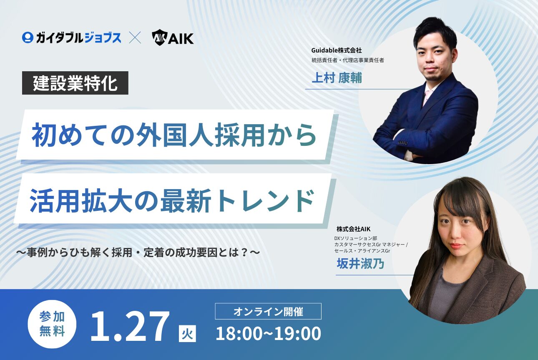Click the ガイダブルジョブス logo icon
28,38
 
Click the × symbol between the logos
135,38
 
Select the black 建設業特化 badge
75,83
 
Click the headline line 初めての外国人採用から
175,135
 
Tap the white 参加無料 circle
52,324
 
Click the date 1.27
130,326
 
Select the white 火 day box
187,333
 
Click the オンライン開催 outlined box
268,311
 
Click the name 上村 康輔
337,78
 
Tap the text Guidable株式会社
337,50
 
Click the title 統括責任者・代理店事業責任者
347,60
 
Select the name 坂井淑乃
360,263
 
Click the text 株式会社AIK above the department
354,229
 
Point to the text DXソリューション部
355,238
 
